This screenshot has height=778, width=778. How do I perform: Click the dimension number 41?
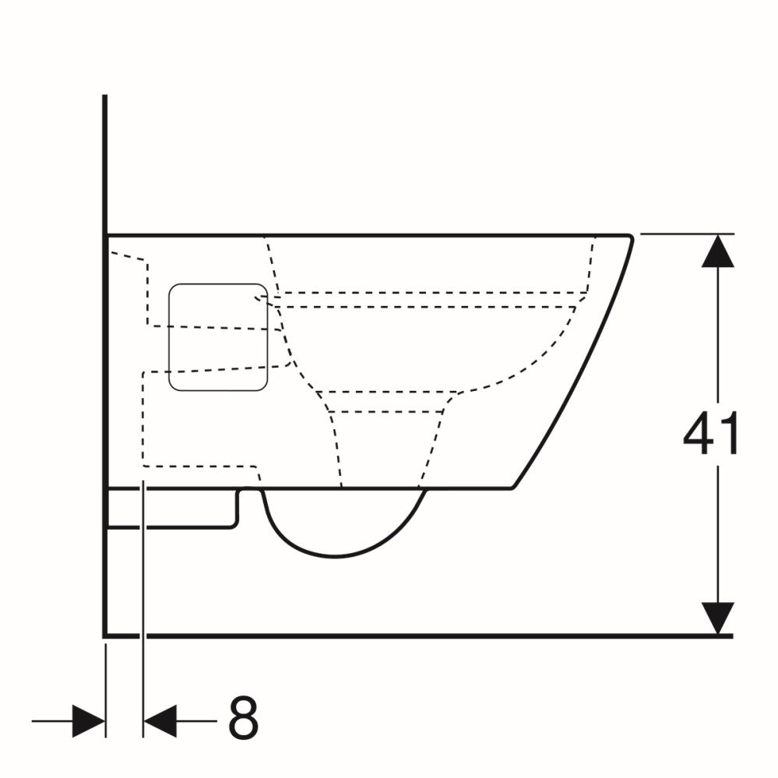pyautogui.click(x=710, y=433)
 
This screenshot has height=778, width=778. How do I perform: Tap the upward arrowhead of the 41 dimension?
pyautogui.click(x=717, y=251)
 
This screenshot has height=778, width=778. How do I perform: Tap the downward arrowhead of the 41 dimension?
pyautogui.click(x=717, y=618)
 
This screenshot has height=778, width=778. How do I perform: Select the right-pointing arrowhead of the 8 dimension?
pyautogui.click(x=89, y=720)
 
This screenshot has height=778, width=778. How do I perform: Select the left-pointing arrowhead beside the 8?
pyautogui.click(x=160, y=720)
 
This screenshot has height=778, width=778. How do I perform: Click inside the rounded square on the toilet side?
pyautogui.click(x=218, y=337)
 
